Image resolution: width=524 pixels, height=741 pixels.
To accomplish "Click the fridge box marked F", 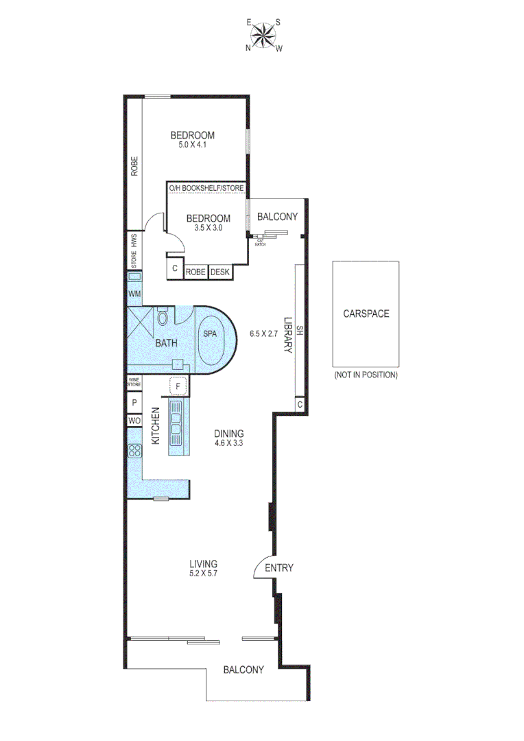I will click(x=178, y=386).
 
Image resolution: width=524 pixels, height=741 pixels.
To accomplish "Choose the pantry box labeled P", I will click(x=134, y=403).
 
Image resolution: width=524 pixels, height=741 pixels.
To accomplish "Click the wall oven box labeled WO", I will click(x=134, y=421).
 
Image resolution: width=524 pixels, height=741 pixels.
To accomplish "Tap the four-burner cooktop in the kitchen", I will click(x=134, y=451).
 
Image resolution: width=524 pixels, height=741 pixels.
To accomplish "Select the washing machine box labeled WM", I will click(x=134, y=294).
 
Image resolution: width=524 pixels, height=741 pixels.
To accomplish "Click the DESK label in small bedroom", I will click(x=221, y=272).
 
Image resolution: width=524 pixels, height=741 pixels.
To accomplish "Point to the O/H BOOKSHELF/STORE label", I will click(x=206, y=187).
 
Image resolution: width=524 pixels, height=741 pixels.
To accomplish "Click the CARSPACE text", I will click(x=366, y=314).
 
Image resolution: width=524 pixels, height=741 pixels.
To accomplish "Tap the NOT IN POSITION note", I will click(x=366, y=375).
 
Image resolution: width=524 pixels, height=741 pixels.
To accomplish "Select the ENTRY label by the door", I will click(x=279, y=567).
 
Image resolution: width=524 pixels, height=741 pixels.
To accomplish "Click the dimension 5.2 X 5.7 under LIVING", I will click(x=208, y=574).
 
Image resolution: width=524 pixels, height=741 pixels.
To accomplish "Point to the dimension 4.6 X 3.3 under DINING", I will click(x=228, y=443).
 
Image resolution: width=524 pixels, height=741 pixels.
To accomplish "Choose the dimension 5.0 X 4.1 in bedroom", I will click(x=193, y=145).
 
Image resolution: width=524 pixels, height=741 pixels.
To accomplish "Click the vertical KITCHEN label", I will click(x=155, y=425).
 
